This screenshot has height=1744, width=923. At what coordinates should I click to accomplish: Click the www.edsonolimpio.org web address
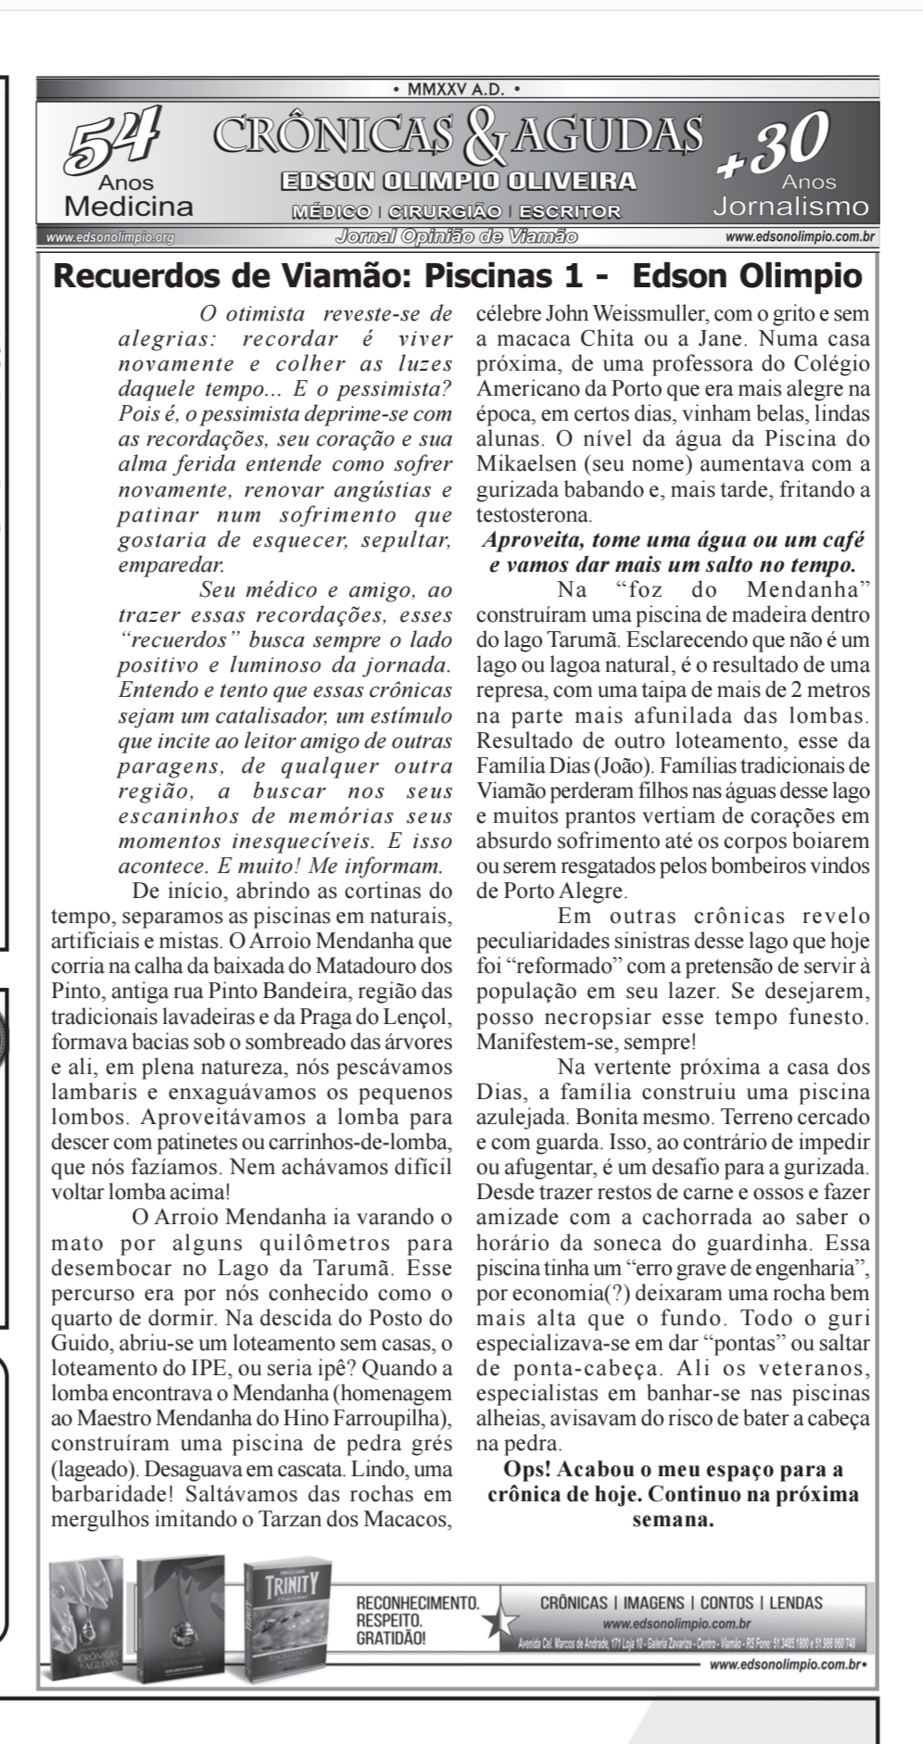pyautogui.click(x=110, y=237)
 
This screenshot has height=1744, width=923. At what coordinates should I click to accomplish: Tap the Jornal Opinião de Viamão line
pyautogui.click(x=457, y=236)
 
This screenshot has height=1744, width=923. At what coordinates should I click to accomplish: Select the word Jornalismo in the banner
pyautogui.click(x=790, y=206)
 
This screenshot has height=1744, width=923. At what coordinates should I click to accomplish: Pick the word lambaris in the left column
pyautogui.click(x=91, y=1092)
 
